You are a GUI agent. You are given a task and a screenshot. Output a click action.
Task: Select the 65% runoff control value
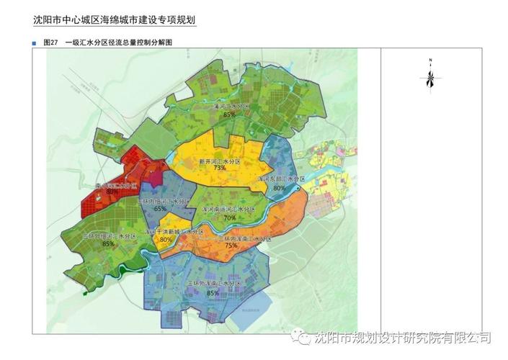[x=160, y=209]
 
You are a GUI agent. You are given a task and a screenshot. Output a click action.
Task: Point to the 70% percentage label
[x=230, y=217]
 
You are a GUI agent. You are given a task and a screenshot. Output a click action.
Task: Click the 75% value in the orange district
[x=231, y=245]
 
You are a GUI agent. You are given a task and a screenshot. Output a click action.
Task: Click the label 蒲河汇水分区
[x=230, y=106]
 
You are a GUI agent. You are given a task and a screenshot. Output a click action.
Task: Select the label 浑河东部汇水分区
[x=282, y=178]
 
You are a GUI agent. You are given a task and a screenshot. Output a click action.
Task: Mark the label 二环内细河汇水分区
[x=164, y=201]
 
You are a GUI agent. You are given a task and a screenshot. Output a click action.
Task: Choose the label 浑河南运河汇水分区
[x=229, y=209]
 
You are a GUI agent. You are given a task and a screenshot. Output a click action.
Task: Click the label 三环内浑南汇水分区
[x=234, y=237]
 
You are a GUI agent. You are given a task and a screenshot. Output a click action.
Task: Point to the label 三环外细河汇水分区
[x=109, y=235]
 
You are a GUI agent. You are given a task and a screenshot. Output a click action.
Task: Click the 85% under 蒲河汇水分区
[x=230, y=114]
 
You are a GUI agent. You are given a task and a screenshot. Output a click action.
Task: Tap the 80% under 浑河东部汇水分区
[x=280, y=188]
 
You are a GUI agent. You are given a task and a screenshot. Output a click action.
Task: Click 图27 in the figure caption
[x=50, y=43]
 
